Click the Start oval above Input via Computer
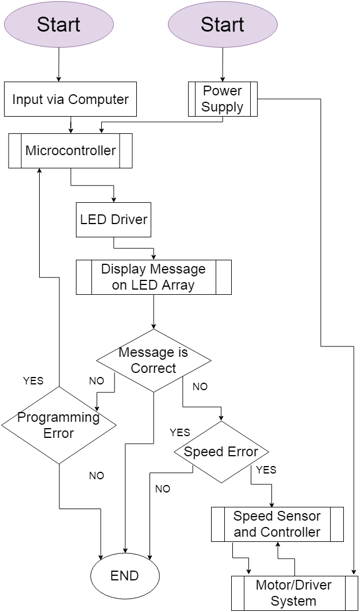click(59, 24)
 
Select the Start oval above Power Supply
click(223, 24)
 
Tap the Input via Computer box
click(70, 99)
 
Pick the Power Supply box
click(223, 99)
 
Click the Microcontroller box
click(70, 151)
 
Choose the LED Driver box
click(113, 220)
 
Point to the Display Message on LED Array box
click(154, 277)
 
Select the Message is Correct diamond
click(154, 360)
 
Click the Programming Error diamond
click(59, 425)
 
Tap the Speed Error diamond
click(221, 452)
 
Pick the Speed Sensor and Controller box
click(277, 524)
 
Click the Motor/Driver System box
click(294, 593)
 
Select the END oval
click(125, 576)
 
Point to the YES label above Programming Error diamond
click(33, 380)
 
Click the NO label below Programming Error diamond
click(97, 476)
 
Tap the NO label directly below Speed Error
click(163, 489)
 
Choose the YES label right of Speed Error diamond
click(266, 470)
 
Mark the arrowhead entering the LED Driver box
click(114, 200)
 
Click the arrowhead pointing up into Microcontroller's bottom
click(39, 171)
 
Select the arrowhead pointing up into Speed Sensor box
click(278, 544)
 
